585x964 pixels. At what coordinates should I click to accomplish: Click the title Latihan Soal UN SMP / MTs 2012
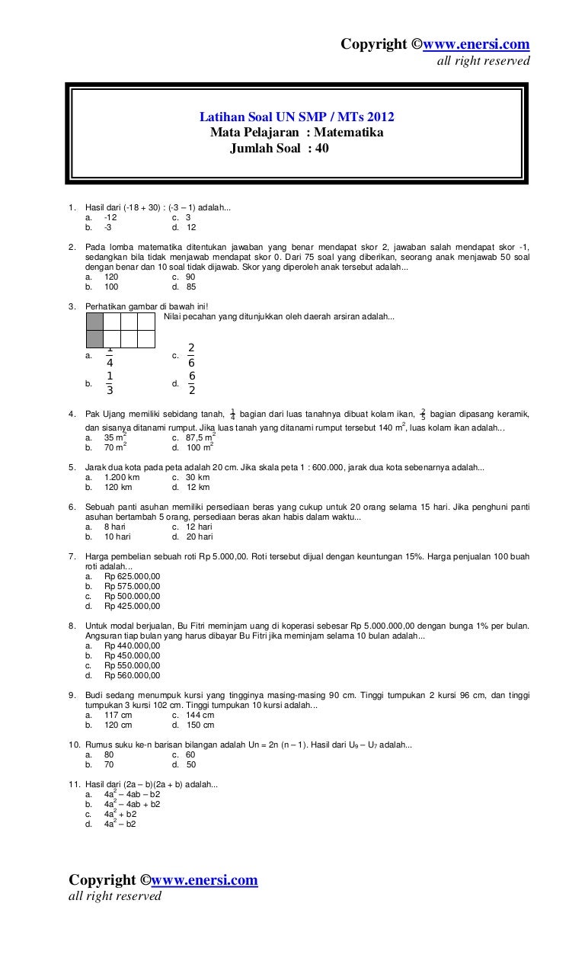(297, 117)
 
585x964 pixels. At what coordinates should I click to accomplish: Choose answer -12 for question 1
(110, 217)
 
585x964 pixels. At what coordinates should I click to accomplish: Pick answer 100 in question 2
(111, 287)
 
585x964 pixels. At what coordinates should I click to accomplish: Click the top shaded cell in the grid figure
(94, 321)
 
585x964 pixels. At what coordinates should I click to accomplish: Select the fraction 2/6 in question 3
(191, 355)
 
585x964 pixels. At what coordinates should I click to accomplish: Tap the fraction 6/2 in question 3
(192, 383)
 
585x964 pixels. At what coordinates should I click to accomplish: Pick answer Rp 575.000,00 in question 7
(132, 586)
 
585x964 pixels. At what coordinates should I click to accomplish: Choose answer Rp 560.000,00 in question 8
(132, 675)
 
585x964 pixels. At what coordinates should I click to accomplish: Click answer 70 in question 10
(109, 764)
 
